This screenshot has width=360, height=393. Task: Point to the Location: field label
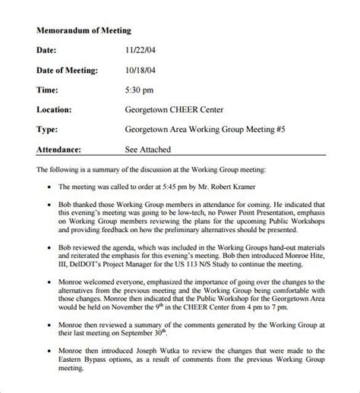click(55, 109)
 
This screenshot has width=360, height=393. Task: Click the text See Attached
click(148, 149)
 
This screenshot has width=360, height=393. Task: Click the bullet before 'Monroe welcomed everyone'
click(49, 285)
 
